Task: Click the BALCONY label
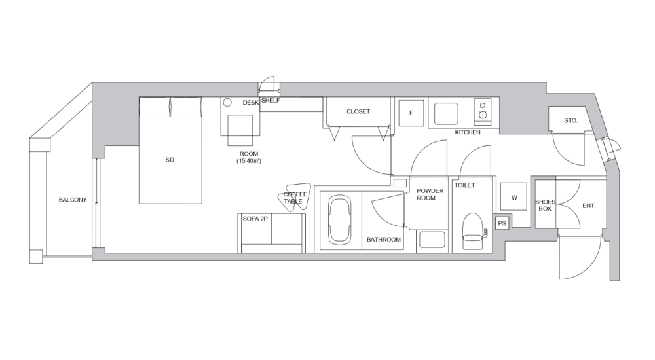click(x=72, y=200)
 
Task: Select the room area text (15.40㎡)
click(x=250, y=160)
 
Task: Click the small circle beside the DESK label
click(x=228, y=103)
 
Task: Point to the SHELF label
click(x=271, y=101)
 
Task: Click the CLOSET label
click(x=358, y=111)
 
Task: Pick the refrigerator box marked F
click(x=411, y=113)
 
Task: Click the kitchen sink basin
click(x=447, y=112)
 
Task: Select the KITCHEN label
click(x=468, y=132)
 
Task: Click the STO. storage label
click(x=571, y=120)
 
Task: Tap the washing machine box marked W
click(x=514, y=196)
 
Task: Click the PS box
click(x=502, y=223)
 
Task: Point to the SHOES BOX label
click(x=545, y=206)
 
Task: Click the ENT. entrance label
click(x=589, y=206)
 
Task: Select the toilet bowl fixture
click(x=472, y=230)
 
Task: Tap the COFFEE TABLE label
click(x=295, y=198)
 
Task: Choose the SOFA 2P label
click(x=255, y=219)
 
